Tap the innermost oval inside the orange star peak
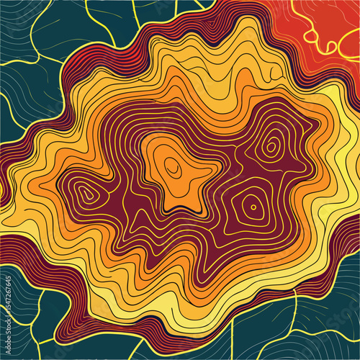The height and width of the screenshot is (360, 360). pos(173,166)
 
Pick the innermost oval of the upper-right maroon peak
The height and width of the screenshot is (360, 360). pos(271,147)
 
